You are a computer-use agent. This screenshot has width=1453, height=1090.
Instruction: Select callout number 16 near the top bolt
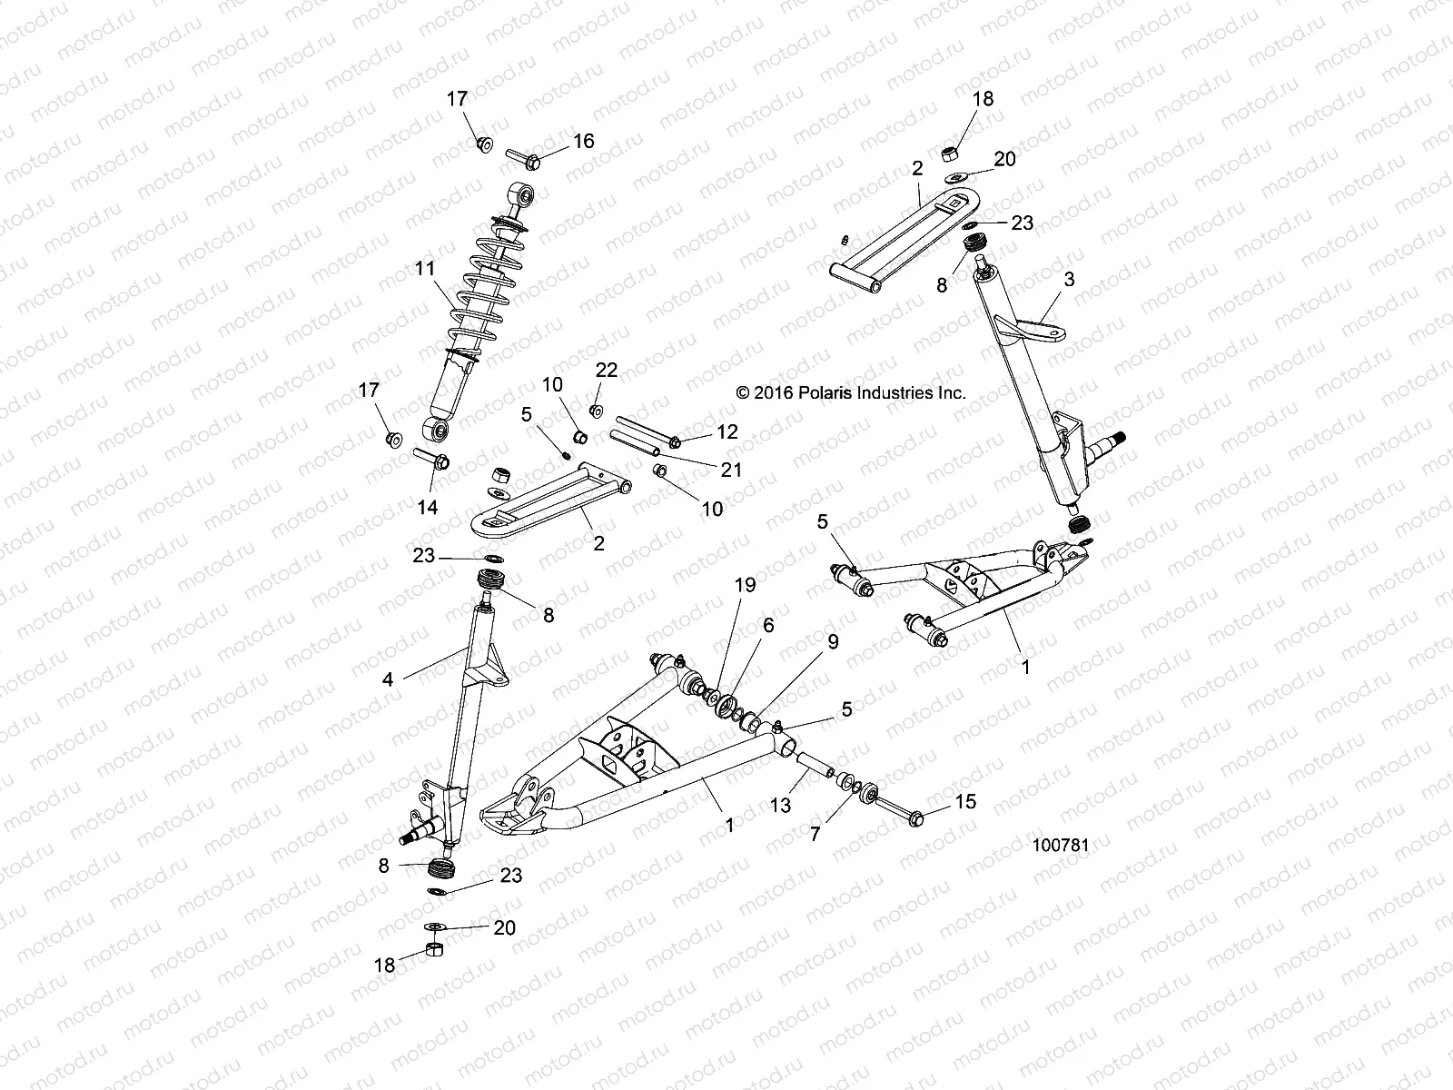[583, 141]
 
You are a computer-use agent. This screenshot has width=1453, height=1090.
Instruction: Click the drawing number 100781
[1060, 845]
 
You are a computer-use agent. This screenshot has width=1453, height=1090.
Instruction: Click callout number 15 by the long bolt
[964, 803]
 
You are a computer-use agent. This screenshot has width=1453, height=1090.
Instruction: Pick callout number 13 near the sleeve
[781, 806]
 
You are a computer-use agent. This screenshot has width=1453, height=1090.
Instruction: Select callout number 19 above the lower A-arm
[745, 586]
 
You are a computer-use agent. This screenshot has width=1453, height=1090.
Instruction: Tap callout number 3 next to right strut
[1069, 280]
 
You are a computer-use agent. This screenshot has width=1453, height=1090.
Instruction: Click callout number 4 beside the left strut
[388, 678]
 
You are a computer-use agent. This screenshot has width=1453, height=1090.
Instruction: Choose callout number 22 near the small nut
[606, 370]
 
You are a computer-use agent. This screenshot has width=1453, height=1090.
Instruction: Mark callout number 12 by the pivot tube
[727, 431]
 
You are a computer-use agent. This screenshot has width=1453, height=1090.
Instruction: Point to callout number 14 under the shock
[427, 507]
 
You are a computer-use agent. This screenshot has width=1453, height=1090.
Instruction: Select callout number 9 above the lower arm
[833, 641]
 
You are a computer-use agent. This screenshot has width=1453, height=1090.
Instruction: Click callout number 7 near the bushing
[815, 832]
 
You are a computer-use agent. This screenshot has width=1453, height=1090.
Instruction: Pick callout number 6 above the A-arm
[768, 626]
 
